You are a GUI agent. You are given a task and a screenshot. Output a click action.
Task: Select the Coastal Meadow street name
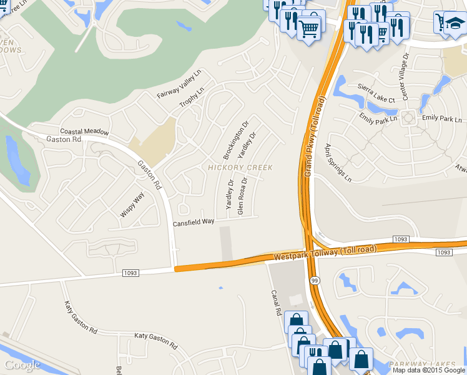click(84, 132)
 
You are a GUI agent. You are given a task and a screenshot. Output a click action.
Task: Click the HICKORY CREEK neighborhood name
click(240, 167)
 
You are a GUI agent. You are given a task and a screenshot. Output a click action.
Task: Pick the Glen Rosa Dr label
click(242, 196)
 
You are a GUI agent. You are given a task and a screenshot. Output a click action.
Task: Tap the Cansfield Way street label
click(194, 222)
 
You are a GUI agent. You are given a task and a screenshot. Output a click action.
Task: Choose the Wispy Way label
click(132, 204)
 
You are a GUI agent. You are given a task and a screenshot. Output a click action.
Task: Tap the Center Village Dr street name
click(405, 76)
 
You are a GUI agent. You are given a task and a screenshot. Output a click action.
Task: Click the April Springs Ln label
click(338, 162)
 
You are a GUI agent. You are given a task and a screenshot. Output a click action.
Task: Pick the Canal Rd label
click(275, 302)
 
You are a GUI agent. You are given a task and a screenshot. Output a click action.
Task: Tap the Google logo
click(22, 365)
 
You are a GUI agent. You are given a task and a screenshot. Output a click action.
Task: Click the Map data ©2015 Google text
click(429, 370)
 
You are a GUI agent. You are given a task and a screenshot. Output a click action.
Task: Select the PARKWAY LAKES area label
click(427, 364)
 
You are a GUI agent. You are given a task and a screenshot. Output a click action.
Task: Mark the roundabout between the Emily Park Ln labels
click(409, 117)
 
